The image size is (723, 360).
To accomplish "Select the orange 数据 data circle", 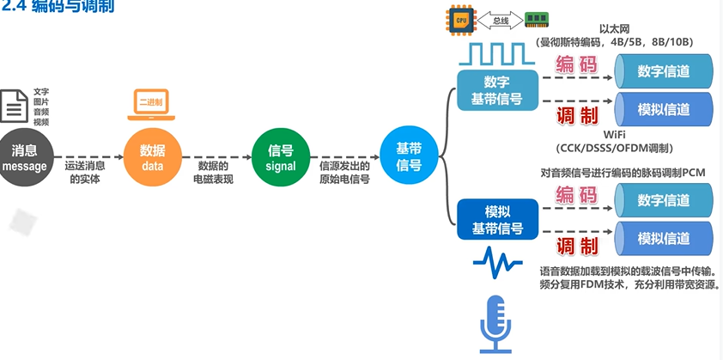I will point(152,157).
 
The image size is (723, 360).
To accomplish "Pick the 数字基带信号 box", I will point(496,89).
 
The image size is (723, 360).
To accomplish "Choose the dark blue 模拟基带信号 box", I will point(496,220).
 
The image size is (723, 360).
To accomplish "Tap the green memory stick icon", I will point(537,18).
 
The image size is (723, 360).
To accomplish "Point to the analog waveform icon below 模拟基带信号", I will point(495,261).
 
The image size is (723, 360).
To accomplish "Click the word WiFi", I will point(614,135).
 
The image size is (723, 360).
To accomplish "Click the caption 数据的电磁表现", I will point(212,172).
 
